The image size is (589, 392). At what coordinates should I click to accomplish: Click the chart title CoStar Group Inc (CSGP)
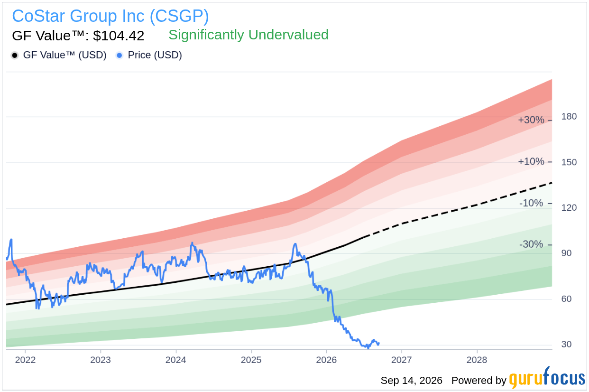click(110, 16)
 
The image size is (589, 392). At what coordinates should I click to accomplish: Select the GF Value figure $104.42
click(119, 36)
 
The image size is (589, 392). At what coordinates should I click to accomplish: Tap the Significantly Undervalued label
click(248, 35)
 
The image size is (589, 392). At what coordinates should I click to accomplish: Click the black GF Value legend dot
click(15, 56)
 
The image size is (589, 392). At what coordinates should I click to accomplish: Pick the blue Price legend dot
click(120, 56)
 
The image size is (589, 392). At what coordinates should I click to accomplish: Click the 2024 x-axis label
click(175, 360)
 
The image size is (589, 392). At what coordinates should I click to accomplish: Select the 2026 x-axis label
click(326, 360)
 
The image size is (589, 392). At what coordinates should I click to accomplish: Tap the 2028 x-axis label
click(477, 360)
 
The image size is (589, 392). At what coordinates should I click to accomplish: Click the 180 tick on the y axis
click(569, 116)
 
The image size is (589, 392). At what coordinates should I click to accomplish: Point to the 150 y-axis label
click(569, 162)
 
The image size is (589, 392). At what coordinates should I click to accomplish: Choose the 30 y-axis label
click(566, 344)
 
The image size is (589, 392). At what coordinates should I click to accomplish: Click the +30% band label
click(531, 120)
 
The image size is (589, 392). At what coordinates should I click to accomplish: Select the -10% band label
click(531, 203)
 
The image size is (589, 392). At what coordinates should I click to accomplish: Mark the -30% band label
click(531, 244)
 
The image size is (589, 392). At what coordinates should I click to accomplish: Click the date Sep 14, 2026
click(412, 381)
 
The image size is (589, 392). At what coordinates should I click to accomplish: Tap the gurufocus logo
click(547, 378)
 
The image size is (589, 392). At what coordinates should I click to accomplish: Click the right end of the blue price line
click(379, 343)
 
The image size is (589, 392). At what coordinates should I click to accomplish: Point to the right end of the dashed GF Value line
click(552, 183)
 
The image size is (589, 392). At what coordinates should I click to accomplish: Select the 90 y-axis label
click(566, 253)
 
